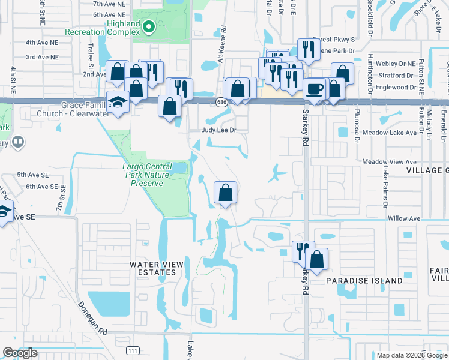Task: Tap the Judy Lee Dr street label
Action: point(216,130)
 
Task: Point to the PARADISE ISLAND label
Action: point(364,281)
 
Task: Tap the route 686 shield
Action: point(222,103)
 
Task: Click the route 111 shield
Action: point(132,349)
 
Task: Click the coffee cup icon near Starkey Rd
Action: point(315,89)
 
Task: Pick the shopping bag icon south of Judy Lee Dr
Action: point(225,194)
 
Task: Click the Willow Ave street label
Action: point(402,218)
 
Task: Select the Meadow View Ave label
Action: point(389,162)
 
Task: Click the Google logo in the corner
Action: point(20,353)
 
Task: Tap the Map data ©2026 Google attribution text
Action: point(412,355)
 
